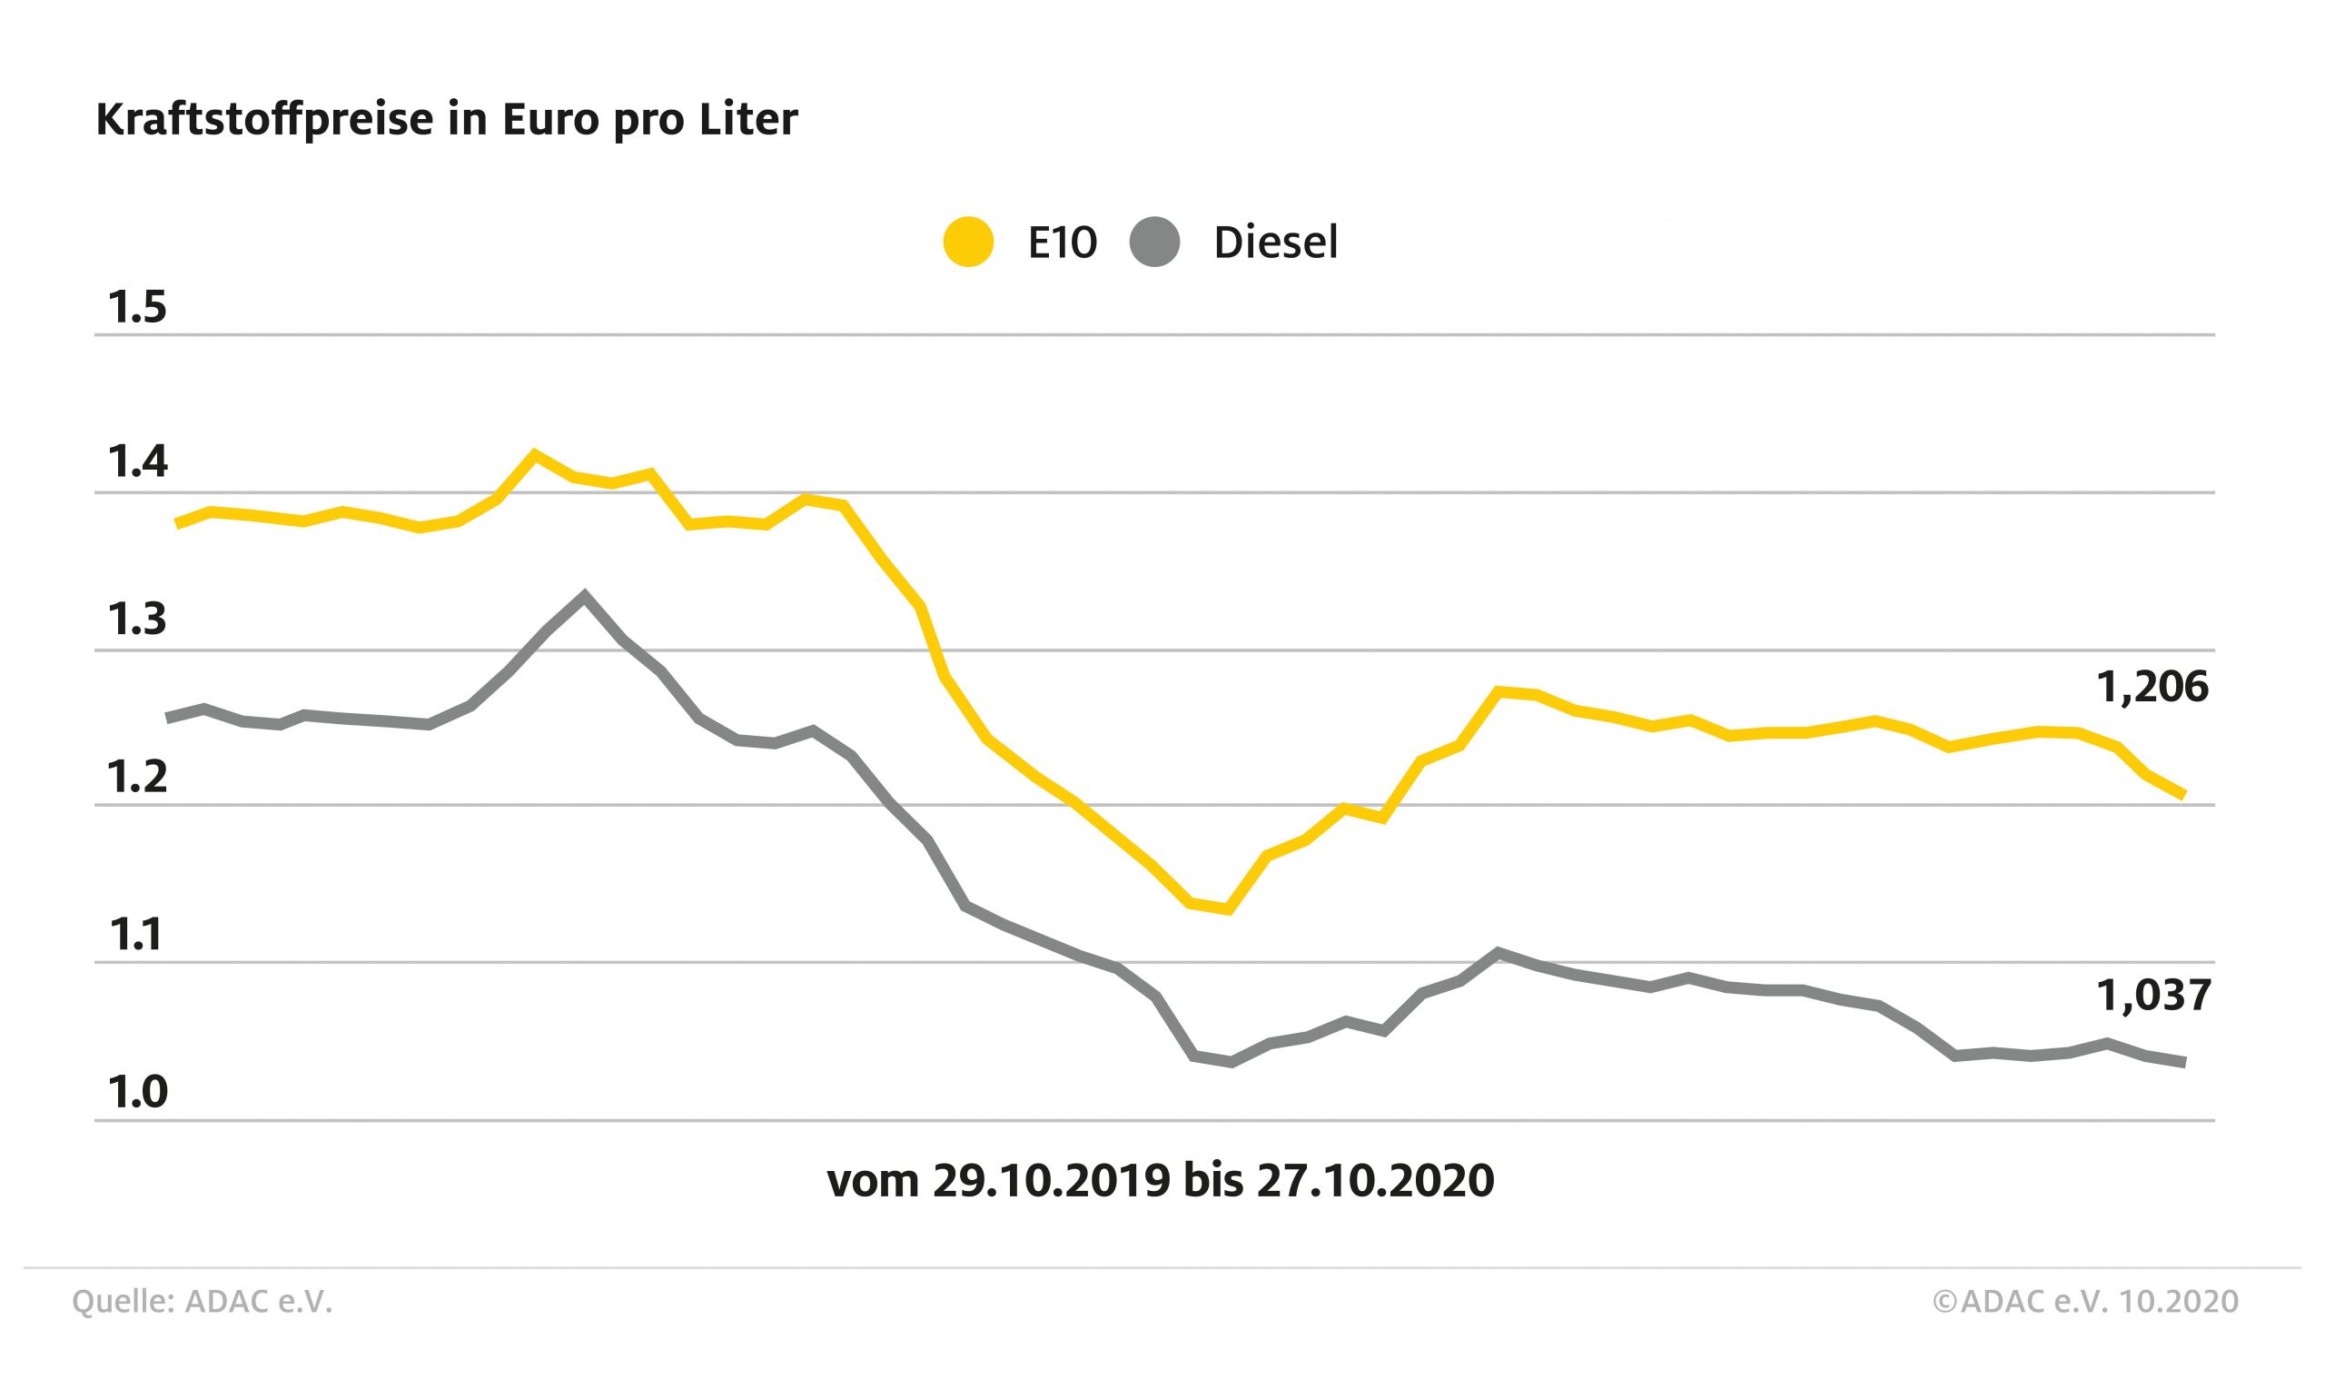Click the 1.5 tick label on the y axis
[x=136, y=308]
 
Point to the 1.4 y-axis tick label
[x=136, y=462]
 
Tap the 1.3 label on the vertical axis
[x=136, y=620]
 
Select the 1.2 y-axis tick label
[x=136, y=777]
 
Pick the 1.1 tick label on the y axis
[x=136, y=935]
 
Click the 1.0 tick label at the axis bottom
[x=136, y=1092]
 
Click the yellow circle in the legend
[x=967, y=243]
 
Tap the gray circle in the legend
[x=1154, y=243]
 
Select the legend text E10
[x=1062, y=243]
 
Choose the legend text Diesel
[x=1275, y=243]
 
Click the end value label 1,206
[x=2152, y=688]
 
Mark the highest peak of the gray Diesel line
[x=585, y=594]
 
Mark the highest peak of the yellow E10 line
[x=534, y=454]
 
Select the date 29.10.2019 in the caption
[x=1051, y=1181]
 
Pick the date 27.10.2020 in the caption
[x=1375, y=1181]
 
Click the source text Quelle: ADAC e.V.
[x=203, y=1302]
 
